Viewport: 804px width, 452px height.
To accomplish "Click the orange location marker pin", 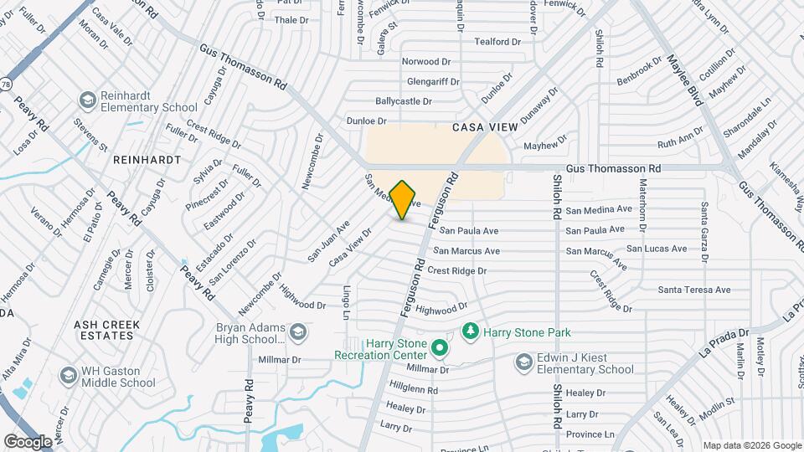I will (x=403, y=199).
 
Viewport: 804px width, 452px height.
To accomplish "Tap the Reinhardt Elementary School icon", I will (x=87, y=101).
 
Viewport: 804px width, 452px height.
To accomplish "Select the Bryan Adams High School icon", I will (x=297, y=333).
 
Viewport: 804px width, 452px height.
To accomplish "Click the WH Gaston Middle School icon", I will (x=67, y=377).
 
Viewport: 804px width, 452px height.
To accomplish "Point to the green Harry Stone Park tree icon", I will (x=470, y=331).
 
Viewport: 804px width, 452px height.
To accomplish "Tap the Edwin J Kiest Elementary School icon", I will (x=524, y=362).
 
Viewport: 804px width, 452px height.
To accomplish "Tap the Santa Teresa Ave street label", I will (x=694, y=290).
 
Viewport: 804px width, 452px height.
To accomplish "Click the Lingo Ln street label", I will (x=346, y=302).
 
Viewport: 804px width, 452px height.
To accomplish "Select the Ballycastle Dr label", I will (x=404, y=100).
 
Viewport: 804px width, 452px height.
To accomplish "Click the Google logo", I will (x=28, y=440).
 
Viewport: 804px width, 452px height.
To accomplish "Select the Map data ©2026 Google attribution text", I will (x=751, y=445).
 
